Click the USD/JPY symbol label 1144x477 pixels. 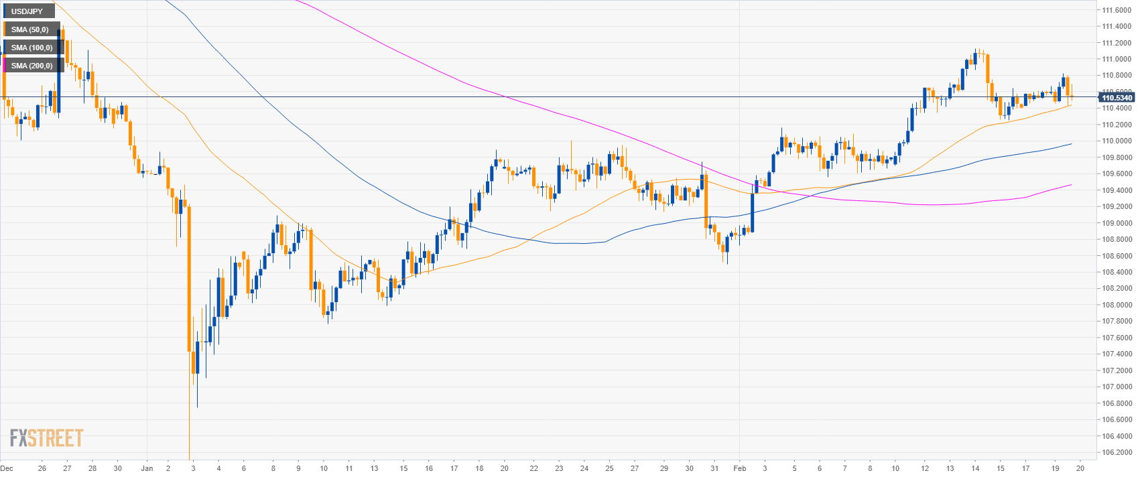pyautogui.click(x=27, y=11)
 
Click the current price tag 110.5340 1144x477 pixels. pyautogui.click(x=1117, y=98)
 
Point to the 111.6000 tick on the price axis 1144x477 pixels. pyautogui.click(x=1117, y=10)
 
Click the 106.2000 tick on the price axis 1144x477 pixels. pyautogui.click(x=1117, y=452)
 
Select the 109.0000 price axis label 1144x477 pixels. pyautogui.click(x=1117, y=223)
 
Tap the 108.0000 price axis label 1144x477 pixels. pyautogui.click(x=1117, y=305)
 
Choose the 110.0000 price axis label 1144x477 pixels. pyautogui.click(x=1117, y=141)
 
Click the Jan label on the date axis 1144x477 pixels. pyautogui.click(x=147, y=468)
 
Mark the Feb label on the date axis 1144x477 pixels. pyautogui.click(x=739, y=468)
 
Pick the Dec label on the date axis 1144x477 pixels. pyautogui.click(x=7, y=468)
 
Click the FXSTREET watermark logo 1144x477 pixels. pyautogui.click(x=46, y=438)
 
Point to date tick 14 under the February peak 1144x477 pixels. pyautogui.click(x=975, y=468)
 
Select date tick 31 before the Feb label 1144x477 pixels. pyautogui.click(x=714, y=468)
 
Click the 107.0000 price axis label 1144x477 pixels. pyautogui.click(x=1117, y=387)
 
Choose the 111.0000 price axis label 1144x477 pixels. pyautogui.click(x=1117, y=59)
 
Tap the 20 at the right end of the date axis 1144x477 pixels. pyautogui.click(x=1080, y=468)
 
